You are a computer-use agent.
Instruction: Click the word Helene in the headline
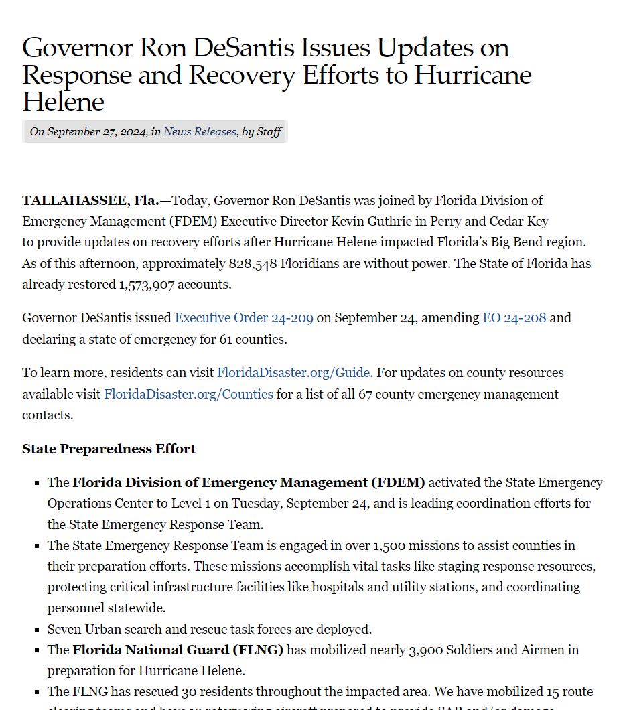click(64, 102)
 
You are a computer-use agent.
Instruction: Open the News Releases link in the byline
click(200, 132)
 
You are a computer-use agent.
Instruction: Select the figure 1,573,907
click(147, 285)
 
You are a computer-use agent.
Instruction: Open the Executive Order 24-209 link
click(244, 318)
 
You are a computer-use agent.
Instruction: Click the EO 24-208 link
click(514, 318)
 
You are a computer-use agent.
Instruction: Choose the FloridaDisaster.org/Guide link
click(295, 373)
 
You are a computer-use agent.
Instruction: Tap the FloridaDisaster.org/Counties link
click(188, 395)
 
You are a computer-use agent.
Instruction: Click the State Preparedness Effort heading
click(109, 449)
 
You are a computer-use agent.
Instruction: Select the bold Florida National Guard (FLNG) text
click(178, 650)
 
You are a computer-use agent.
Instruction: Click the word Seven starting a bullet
click(65, 630)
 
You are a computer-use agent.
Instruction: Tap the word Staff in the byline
click(269, 132)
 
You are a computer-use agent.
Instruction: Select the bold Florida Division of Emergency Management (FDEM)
click(249, 483)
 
